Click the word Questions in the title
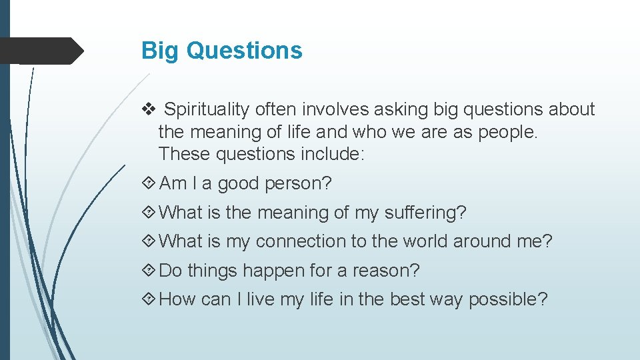click(244, 51)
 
